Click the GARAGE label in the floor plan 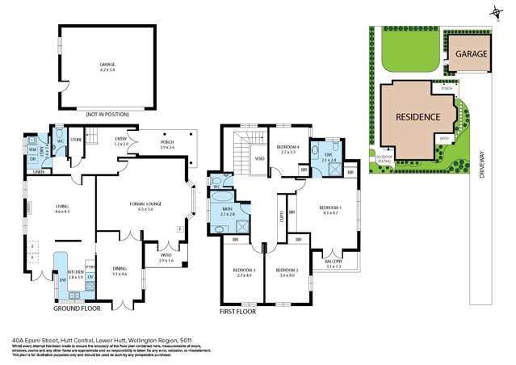point(107,65)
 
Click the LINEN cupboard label point(38,172)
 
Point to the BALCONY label point(334,261)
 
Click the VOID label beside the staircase point(260,158)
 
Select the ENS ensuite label point(327,155)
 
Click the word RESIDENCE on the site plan point(417,117)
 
